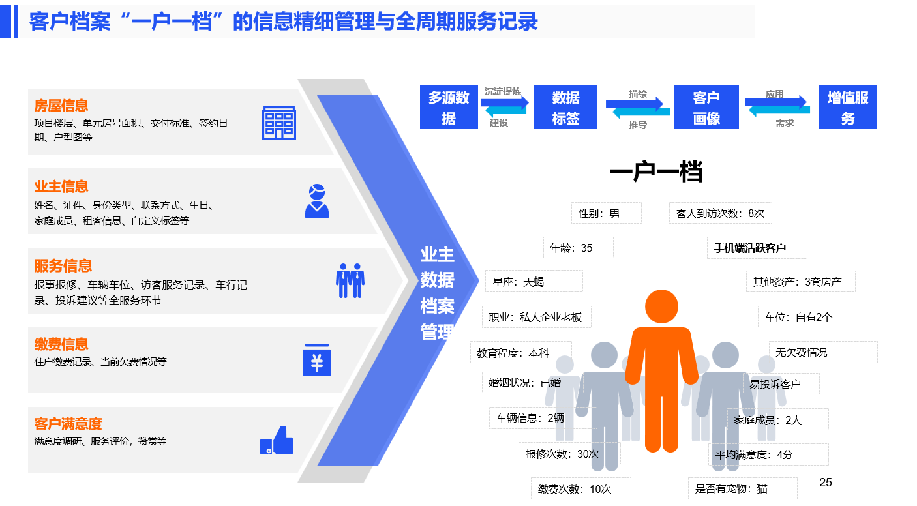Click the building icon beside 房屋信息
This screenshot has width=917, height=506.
[x=278, y=123]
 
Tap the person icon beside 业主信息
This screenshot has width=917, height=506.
[x=317, y=201]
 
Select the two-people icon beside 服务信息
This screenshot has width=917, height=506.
[x=350, y=280]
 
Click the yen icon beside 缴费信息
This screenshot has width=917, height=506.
[x=317, y=360]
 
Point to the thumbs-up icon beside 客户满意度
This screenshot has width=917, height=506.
[x=277, y=441]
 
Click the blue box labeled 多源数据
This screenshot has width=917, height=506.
[x=449, y=107]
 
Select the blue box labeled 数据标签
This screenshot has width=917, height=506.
[x=565, y=107]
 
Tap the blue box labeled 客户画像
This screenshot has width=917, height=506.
[x=706, y=107]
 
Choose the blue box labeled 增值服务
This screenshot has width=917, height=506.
[x=848, y=107]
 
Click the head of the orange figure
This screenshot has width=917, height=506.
[x=661, y=306]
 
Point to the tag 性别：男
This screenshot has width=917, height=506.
[x=607, y=213]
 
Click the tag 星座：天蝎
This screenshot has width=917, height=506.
[x=534, y=282]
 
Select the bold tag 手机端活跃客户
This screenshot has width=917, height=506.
[x=757, y=248]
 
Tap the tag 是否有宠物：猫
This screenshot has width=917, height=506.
[x=743, y=488]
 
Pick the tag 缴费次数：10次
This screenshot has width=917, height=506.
[x=581, y=489]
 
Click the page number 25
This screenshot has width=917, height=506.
[x=825, y=483]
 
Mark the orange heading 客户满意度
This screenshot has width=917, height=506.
[x=68, y=423]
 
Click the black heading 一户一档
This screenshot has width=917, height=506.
[x=656, y=171]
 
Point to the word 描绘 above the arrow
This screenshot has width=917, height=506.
[x=638, y=94]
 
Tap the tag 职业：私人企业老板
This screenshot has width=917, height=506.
[x=536, y=317]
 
